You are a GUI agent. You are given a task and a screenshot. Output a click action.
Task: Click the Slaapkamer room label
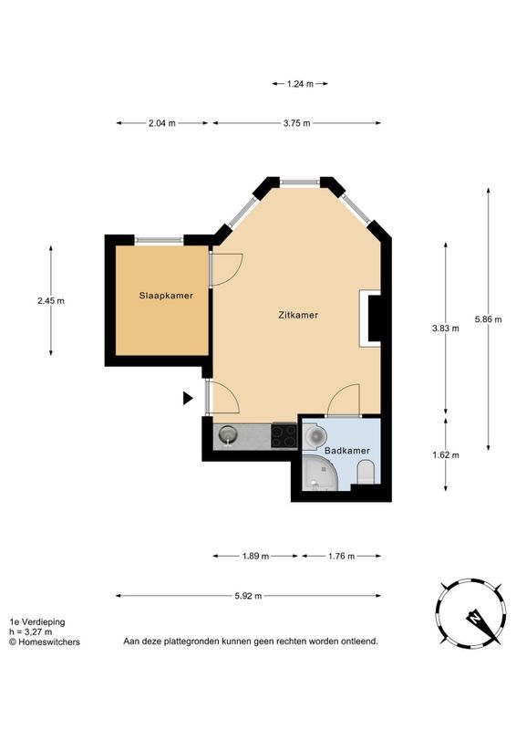pyautogui.click(x=166, y=296)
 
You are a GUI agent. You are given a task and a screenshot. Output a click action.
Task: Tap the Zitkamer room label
pyautogui.click(x=298, y=315)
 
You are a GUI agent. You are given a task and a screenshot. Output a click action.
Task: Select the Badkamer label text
pyautogui.click(x=347, y=451)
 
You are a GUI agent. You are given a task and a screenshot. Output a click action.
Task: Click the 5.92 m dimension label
pyautogui.click(x=249, y=596)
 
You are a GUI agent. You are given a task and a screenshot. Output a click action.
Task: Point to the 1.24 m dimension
pyautogui.click(x=300, y=84)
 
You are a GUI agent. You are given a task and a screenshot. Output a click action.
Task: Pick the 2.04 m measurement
pyautogui.click(x=162, y=123)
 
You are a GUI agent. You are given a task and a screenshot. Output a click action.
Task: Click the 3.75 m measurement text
pyautogui.click(x=297, y=123)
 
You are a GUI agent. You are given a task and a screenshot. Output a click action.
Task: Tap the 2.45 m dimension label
pyautogui.click(x=51, y=301)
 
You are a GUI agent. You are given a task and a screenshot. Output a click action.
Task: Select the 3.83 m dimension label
pyautogui.click(x=446, y=328)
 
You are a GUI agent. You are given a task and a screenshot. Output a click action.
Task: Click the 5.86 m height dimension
pyautogui.click(x=489, y=319)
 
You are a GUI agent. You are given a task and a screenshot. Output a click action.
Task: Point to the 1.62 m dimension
pyautogui.click(x=446, y=454)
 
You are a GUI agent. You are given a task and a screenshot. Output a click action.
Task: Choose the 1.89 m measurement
pyautogui.click(x=255, y=557)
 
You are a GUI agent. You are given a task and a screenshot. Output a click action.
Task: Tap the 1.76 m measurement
pyautogui.click(x=342, y=557)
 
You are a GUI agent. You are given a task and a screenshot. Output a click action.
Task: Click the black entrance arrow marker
pyautogui.click(x=188, y=398)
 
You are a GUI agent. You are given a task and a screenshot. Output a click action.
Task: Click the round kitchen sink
pyautogui.click(x=228, y=436)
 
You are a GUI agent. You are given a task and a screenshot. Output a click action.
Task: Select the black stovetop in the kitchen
pyautogui.click(x=284, y=436)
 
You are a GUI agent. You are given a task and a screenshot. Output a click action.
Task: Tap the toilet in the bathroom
pyautogui.click(x=366, y=472)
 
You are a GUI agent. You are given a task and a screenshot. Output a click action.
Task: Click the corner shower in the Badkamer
pyautogui.click(x=320, y=473)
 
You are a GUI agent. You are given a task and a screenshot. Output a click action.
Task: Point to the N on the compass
pyautogui.click(x=475, y=619)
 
